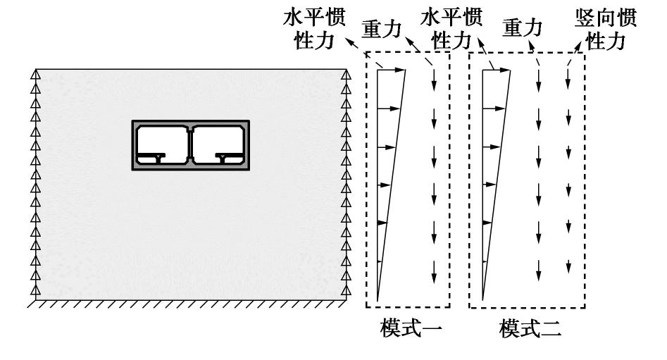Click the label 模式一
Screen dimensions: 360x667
pyautogui.click(x=406, y=328)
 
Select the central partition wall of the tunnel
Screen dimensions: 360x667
pyautogui.click(x=190, y=144)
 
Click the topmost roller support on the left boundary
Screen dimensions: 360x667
pyautogui.click(x=35, y=73)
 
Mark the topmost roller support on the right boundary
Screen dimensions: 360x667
pyautogui.click(x=346, y=73)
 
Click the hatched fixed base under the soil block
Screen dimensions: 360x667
pyautogui.click(x=190, y=304)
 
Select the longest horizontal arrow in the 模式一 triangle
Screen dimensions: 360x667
pyautogui.click(x=392, y=70)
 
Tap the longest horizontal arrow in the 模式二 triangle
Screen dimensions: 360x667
pyautogui.click(x=496, y=70)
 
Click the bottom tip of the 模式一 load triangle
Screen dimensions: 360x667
pyautogui.click(x=378, y=300)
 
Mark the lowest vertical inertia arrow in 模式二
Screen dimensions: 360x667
pyautogui.click(x=568, y=266)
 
